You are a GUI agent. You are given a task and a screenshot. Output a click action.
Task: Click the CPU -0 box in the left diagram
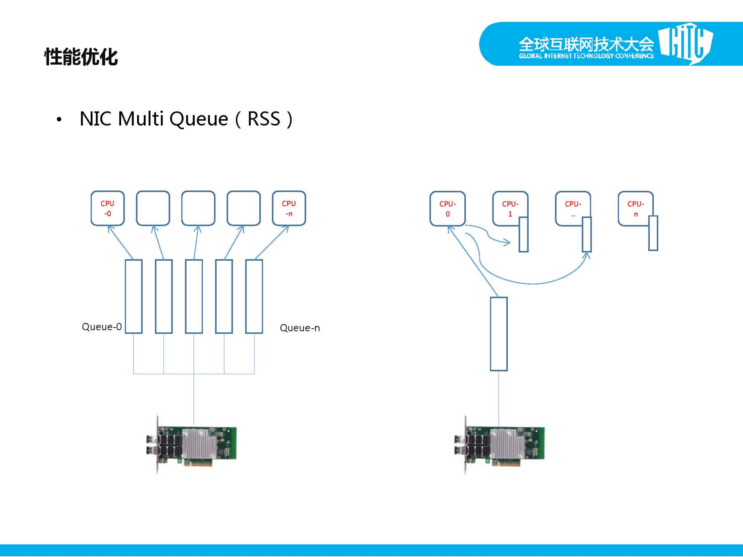point(107,208)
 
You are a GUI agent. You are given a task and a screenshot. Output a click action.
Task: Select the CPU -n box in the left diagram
point(289,208)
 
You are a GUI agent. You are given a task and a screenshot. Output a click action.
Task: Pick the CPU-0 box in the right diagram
point(448,208)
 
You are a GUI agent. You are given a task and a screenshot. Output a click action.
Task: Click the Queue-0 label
point(102,327)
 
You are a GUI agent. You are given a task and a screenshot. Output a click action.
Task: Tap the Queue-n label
point(300,328)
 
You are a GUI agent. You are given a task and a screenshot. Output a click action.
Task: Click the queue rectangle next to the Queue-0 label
point(134,296)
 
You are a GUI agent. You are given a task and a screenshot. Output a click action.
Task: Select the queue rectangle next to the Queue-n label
point(254,296)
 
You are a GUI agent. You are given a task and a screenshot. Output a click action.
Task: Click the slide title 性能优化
point(81,56)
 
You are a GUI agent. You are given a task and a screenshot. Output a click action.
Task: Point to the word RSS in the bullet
point(264,119)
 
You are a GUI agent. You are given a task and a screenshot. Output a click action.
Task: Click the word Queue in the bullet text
point(198,119)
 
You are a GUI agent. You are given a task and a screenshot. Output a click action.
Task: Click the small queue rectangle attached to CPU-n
point(653,233)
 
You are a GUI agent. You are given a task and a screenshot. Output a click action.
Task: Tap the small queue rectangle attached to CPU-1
point(523,234)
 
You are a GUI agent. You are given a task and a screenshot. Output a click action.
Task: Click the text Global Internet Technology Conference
point(586,56)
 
